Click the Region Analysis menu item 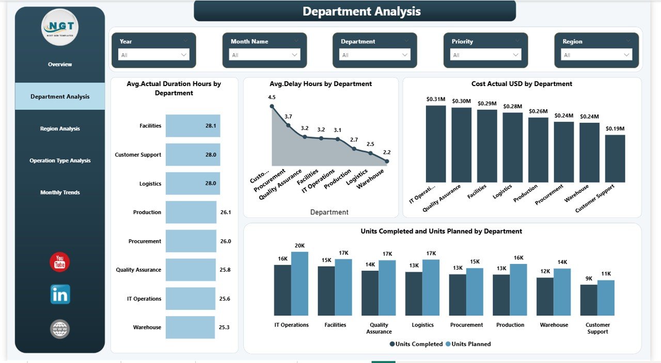[60, 128]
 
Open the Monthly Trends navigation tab [60, 192]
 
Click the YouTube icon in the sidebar [60, 262]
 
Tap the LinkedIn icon [60, 294]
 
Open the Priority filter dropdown [485, 55]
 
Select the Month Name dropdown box [264, 55]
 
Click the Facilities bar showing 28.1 [193, 126]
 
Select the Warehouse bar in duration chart [190, 327]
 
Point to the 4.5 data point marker [272, 107]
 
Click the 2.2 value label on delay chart [387, 152]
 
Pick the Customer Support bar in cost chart [615, 159]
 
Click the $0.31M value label [436, 99]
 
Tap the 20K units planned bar [300, 284]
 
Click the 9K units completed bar [589, 300]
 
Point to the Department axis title [329, 212]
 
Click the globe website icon [60, 329]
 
